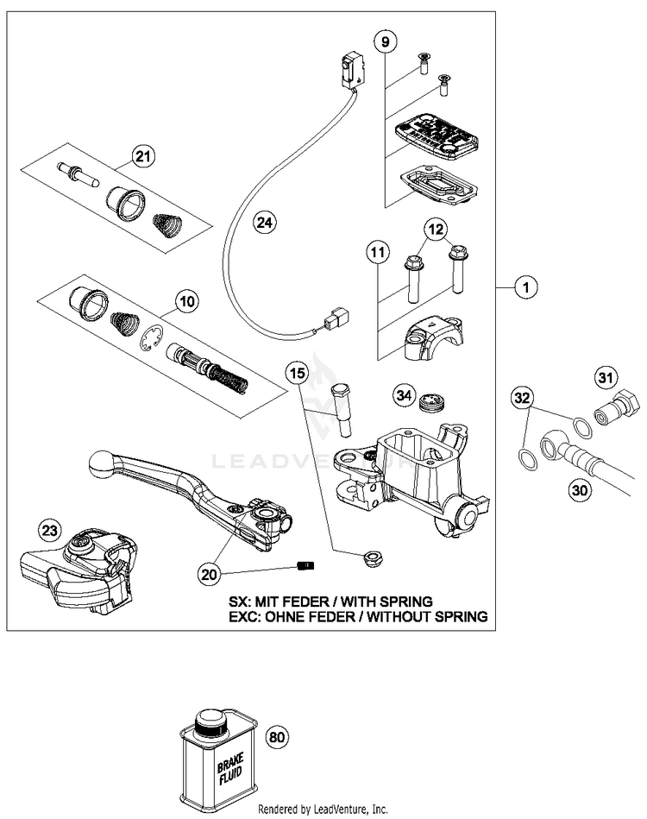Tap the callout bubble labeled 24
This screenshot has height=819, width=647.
[267, 224]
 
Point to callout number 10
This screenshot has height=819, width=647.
[187, 301]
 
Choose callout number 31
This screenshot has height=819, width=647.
[604, 378]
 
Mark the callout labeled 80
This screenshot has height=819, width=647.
[277, 738]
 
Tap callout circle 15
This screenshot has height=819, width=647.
[298, 374]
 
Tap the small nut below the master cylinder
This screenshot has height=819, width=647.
[352, 558]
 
